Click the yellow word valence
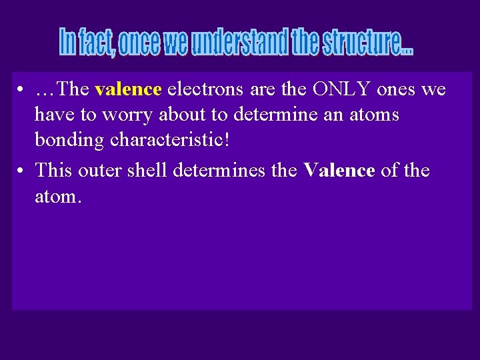coord(128,89)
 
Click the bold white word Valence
coord(339,171)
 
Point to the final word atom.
coord(58,198)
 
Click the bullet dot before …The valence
coord(22,90)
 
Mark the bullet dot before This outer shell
coord(22,171)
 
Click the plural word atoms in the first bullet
coord(370,115)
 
